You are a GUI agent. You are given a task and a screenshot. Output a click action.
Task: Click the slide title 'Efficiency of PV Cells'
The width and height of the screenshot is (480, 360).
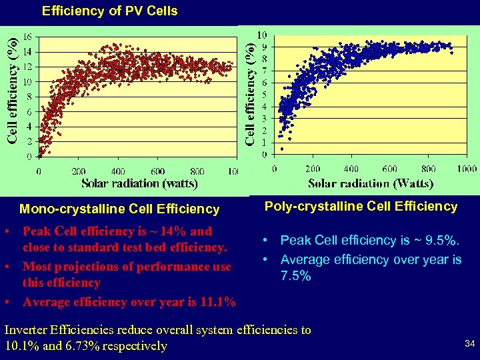point(110,11)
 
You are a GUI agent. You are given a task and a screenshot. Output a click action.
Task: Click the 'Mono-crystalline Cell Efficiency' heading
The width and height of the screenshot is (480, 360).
point(119,209)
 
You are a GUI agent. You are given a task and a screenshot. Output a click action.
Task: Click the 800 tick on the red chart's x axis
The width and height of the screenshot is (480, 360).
point(197,171)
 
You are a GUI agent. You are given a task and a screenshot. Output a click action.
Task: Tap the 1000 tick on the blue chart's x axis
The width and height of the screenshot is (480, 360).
point(467,169)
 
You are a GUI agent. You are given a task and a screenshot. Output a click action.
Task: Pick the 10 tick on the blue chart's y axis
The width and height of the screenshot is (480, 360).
point(263,35)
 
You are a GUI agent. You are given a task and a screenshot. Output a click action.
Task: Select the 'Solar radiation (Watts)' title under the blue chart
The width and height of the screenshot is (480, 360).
point(371,183)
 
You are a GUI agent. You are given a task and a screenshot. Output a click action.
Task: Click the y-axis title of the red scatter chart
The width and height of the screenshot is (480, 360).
point(13,91)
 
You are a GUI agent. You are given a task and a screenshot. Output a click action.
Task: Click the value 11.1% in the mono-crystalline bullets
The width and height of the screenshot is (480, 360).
point(217,302)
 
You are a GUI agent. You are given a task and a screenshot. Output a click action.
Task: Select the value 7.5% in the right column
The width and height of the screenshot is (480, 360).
point(295,275)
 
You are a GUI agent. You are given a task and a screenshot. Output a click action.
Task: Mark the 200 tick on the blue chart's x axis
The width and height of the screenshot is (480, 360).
point(312,169)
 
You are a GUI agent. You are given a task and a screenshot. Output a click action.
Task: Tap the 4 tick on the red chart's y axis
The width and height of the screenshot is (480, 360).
point(29,127)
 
